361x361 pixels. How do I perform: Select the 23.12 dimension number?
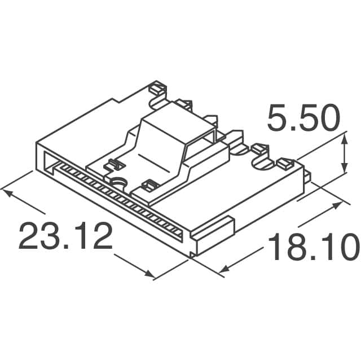point(65,236)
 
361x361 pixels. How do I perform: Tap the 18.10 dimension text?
point(313,249)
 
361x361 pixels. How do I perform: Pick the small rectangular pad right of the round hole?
point(149,184)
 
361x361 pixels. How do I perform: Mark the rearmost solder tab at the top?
point(158,89)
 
